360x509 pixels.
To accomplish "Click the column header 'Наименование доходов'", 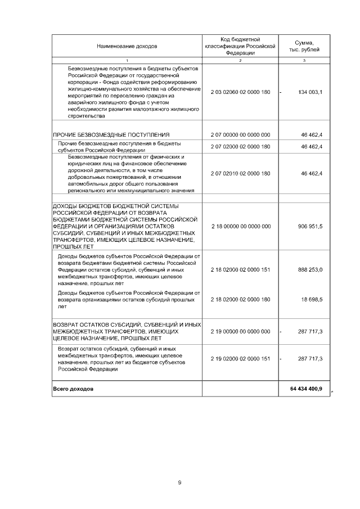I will pyautogui.click(x=127, y=46).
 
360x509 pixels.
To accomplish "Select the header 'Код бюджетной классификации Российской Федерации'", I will pyautogui.click(x=240, y=46).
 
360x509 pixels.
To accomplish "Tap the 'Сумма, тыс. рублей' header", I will pyautogui.click(x=304, y=46).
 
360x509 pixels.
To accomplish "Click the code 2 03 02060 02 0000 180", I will pyautogui.click(x=240, y=92).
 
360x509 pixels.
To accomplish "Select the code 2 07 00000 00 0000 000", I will pyautogui.click(x=240, y=135).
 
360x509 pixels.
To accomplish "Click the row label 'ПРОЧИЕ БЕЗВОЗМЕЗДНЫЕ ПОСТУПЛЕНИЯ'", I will pyautogui.click(x=111, y=135).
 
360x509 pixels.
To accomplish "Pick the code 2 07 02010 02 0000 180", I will pyautogui.click(x=240, y=173).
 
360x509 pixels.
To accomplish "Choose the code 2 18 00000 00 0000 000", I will pyautogui.click(x=240, y=226).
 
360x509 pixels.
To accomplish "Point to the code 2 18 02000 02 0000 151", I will pyautogui.click(x=240, y=270).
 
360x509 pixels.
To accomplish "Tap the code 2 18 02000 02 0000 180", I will pyautogui.click(x=240, y=300).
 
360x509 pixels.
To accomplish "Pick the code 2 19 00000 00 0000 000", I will pyautogui.click(x=240, y=332).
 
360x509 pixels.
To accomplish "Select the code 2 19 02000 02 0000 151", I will pyautogui.click(x=240, y=359).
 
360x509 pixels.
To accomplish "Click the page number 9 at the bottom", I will pyautogui.click(x=179, y=482).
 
